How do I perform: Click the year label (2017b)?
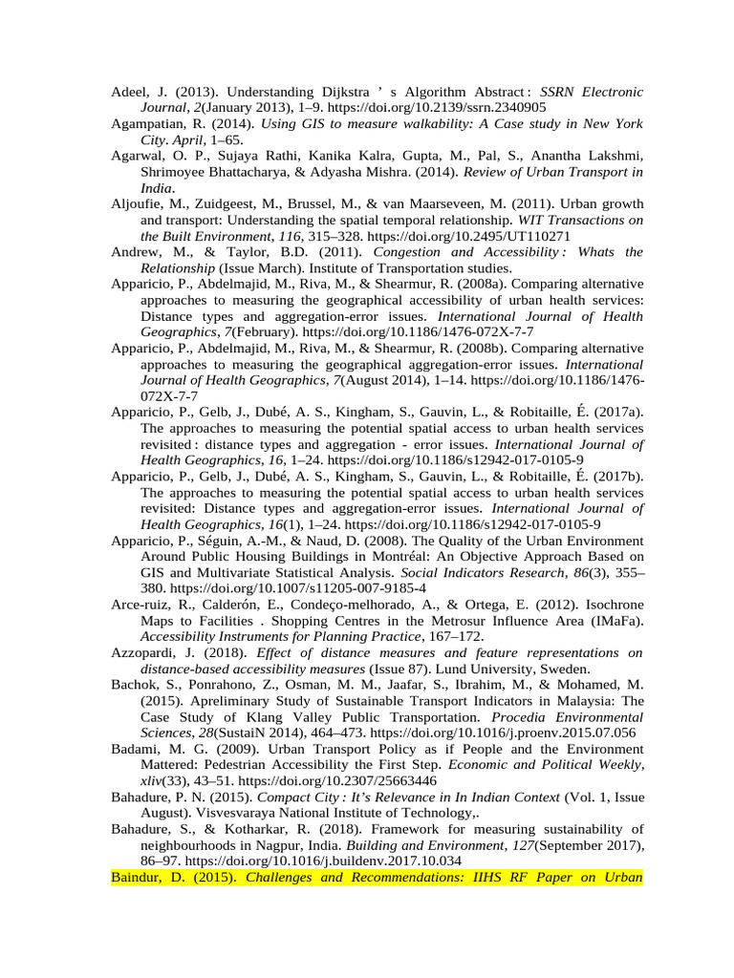[616, 476]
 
